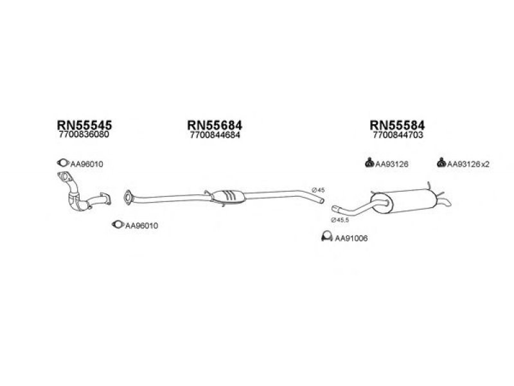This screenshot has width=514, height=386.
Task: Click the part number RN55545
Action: coord(84,125)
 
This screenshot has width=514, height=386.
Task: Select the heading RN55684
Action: coord(215,125)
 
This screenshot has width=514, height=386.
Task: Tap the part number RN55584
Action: coord(397,125)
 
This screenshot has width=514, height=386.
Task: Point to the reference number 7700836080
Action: coord(84,134)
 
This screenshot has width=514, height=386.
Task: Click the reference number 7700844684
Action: coord(215,135)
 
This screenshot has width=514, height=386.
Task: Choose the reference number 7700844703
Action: coord(398,135)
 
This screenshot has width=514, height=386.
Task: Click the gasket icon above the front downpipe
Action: coord(63,163)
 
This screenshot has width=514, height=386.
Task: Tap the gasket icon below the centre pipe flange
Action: coord(118,225)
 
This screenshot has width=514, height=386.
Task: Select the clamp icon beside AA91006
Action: coord(327,237)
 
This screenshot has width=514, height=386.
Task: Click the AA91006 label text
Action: coord(351,238)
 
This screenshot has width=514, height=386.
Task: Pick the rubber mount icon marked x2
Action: coord(441,162)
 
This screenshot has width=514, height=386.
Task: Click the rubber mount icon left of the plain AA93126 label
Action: coord(369,162)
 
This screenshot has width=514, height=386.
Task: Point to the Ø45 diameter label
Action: coord(318,190)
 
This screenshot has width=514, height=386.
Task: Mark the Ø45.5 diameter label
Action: coord(340,220)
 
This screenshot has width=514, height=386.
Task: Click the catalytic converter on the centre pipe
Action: coord(228,196)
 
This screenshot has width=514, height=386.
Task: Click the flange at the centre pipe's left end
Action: coord(128,198)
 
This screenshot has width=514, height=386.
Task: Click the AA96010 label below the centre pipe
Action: coord(141,226)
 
